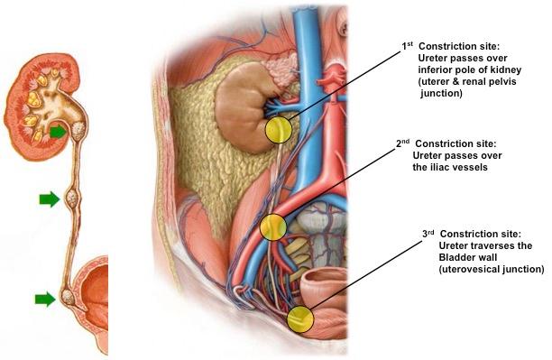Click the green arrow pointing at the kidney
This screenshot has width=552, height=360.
[58, 133]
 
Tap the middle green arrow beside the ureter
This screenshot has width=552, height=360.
[50, 199]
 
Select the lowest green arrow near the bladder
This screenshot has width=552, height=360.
[45, 300]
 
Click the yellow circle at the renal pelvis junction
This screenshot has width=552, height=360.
[279, 130]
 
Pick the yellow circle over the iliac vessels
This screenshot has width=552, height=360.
[273, 227]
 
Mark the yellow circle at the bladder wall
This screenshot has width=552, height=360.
[300, 319]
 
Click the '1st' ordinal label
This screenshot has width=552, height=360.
[408, 46]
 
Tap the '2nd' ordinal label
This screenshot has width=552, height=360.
[403, 143]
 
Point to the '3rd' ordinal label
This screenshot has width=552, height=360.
[428, 234]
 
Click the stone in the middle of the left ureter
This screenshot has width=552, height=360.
[71, 199]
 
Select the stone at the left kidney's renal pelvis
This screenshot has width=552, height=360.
[78, 130]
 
